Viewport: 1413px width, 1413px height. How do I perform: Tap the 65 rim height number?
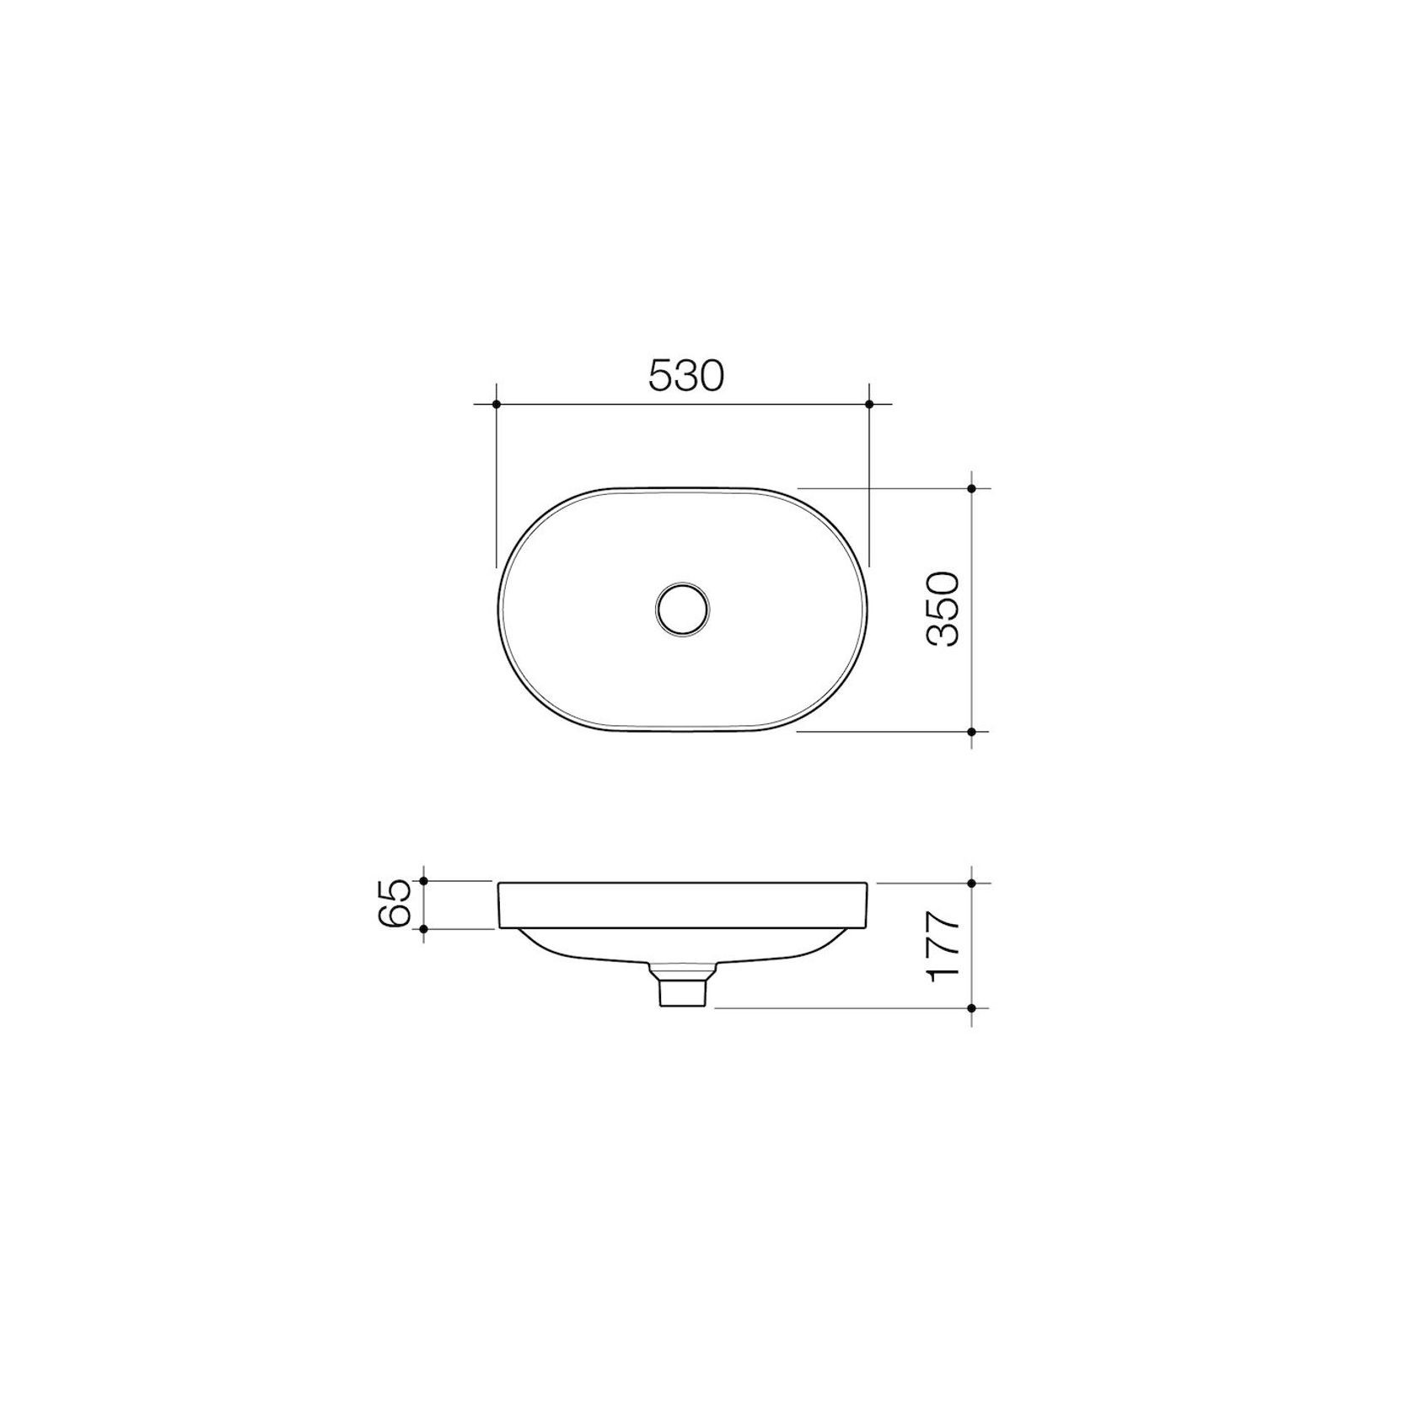point(395,905)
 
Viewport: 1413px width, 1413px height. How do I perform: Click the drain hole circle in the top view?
point(683,608)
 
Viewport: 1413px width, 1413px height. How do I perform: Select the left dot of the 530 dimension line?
point(497,405)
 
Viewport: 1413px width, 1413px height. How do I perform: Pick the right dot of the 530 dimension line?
point(869,405)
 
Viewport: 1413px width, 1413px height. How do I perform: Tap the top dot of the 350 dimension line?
point(972,488)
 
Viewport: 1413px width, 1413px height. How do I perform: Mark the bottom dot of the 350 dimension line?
point(972,732)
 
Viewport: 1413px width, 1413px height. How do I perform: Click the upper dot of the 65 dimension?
point(424,881)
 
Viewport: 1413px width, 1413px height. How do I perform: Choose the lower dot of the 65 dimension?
point(424,929)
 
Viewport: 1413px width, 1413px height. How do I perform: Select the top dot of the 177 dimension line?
point(972,883)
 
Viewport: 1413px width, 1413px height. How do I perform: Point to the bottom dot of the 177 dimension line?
point(972,1007)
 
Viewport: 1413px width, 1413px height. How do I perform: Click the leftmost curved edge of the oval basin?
point(499,609)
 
